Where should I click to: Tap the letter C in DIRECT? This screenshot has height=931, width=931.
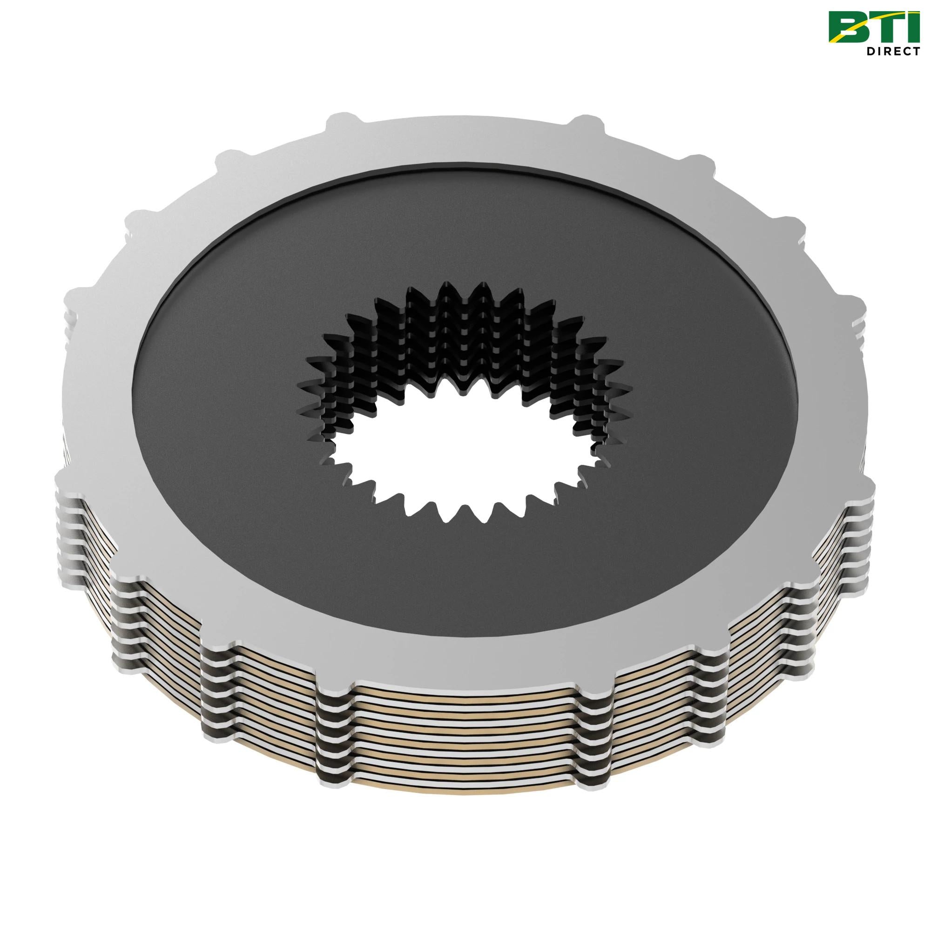point(905,51)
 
